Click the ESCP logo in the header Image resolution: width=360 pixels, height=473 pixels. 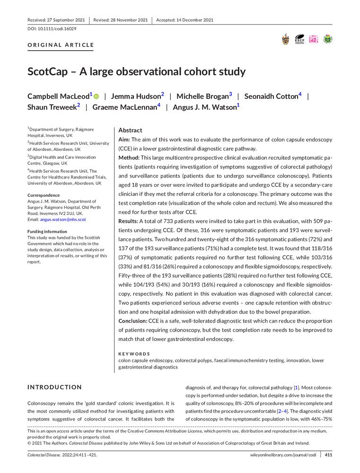coord(299,39)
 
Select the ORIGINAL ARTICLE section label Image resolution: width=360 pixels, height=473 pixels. coord(61,45)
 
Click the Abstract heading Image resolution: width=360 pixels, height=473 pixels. coord(130,130)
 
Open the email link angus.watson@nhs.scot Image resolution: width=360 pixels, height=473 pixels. coord(63,219)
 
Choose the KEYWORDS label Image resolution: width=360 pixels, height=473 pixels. coord(134,353)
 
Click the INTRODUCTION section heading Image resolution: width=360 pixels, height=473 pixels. coord(54,387)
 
